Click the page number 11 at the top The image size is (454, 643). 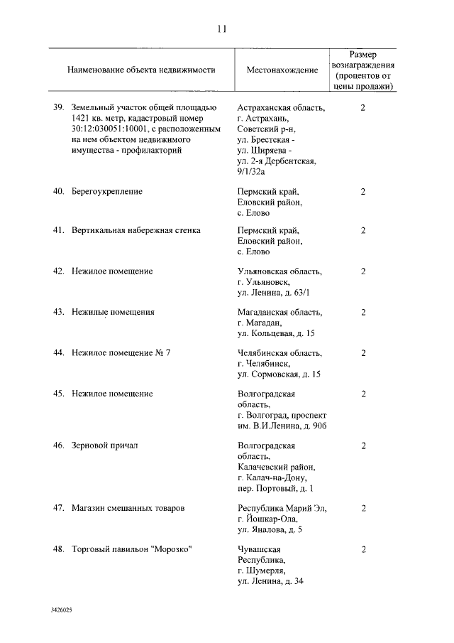coord(221,29)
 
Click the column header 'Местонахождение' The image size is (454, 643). coord(282,71)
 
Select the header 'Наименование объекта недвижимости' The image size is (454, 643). coord(141,71)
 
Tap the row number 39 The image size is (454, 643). coord(59,108)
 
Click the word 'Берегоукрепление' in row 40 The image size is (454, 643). coord(107,192)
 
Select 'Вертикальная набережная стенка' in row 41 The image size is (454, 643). coord(135,230)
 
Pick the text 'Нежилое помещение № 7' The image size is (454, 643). coord(121,352)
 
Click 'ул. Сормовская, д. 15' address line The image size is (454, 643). coord(279,374)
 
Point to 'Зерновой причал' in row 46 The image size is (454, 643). coord(104,445)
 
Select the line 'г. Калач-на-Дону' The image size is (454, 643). coord(277,478)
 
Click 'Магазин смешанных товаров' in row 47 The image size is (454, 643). coord(128,509)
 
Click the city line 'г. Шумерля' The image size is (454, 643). coord(262,571)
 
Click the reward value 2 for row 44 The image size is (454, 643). coord(362,352)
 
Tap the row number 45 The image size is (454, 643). coord(59,394)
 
